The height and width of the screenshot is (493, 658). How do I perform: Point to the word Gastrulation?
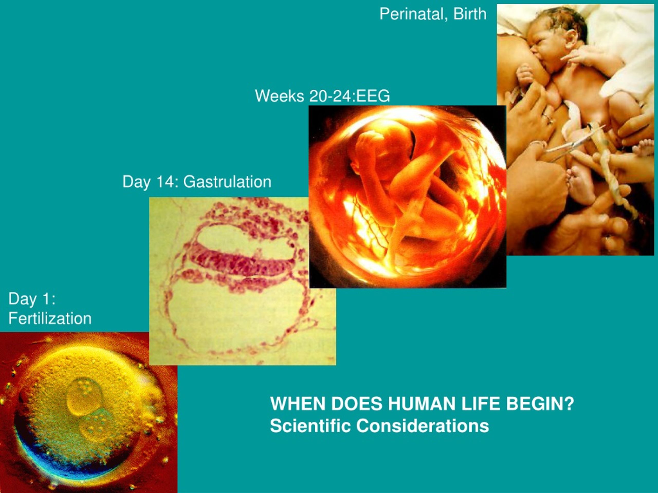pos(227,182)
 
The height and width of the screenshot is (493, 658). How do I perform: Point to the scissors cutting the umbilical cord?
pos(573,143)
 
